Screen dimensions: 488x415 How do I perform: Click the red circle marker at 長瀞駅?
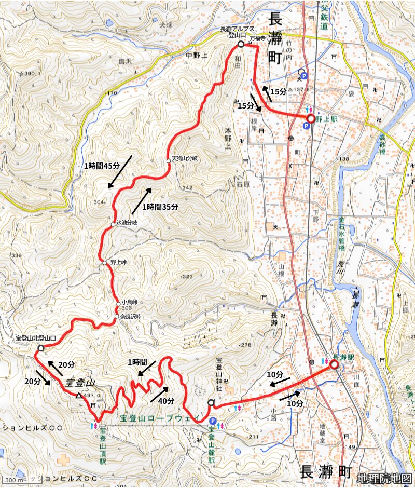tap(334, 365)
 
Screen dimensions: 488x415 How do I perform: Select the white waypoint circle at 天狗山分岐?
tap(169, 161)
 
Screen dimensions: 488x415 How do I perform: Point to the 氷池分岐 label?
tap(127, 223)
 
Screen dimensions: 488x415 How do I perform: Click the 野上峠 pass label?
tap(118, 263)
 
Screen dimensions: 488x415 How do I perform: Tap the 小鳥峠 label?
tap(129, 302)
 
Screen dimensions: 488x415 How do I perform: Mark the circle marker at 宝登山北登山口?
tap(41, 349)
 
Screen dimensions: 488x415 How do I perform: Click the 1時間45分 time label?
tap(102, 166)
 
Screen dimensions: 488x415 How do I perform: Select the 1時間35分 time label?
tap(160, 206)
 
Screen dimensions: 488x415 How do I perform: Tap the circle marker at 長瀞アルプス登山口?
tap(241, 45)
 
